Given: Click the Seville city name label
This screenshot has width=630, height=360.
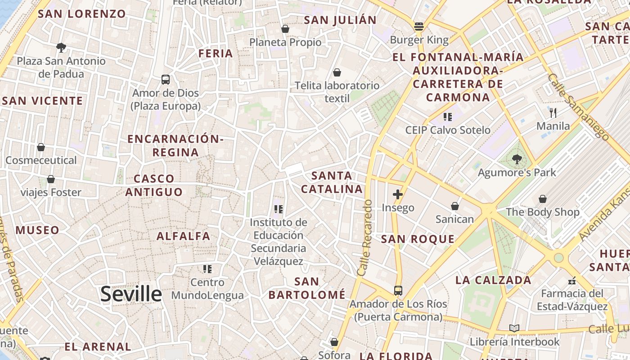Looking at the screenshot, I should [x=131, y=294].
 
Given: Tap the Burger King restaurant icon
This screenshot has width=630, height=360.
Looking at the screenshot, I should [x=419, y=26].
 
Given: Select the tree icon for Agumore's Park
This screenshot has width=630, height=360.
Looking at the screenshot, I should [x=517, y=158].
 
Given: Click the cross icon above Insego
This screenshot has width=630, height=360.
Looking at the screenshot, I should [x=398, y=194].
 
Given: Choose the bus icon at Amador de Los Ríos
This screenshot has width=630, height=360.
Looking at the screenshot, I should [x=398, y=290].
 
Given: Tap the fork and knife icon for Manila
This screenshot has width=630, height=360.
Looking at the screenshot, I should [x=553, y=112].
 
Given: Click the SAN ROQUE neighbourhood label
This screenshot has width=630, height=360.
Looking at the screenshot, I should [x=418, y=239].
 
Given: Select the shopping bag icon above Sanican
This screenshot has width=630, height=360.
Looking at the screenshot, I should [x=455, y=206].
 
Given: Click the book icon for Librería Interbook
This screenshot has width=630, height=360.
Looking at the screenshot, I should [x=514, y=328].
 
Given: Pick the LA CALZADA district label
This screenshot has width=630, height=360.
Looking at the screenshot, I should [x=494, y=280].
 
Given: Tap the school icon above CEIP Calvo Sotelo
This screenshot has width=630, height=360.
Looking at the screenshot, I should [x=447, y=117].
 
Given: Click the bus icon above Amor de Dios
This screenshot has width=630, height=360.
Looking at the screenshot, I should [x=166, y=80].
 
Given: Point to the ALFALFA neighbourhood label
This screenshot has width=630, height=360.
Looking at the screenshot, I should [x=183, y=236].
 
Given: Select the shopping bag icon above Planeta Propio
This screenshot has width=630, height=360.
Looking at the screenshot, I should [x=285, y=29].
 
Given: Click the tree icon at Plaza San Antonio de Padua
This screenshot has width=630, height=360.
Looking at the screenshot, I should [x=61, y=47].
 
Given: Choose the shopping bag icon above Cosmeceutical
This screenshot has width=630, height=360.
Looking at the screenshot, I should [x=41, y=147].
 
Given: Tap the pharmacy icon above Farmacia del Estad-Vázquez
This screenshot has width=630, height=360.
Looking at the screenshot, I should [x=572, y=280].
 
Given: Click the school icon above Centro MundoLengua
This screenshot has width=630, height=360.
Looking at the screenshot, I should [x=207, y=269].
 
